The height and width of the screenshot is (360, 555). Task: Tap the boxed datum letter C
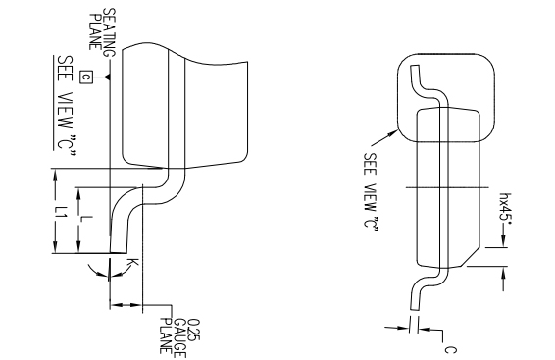(85, 76)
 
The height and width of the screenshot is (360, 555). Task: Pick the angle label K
(130, 263)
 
